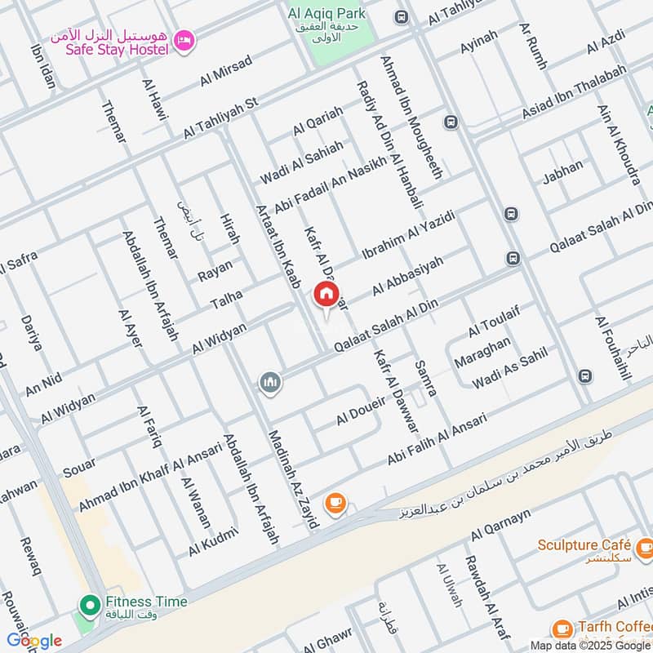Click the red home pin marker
pos(326,295)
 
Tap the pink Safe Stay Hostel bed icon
pos(185,38)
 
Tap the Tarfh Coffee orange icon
pos(562,628)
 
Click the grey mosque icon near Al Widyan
pos(270,381)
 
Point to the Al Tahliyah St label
pos(220,118)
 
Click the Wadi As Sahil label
pos(509,368)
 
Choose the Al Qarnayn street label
pos(501,523)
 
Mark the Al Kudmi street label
pos(212,542)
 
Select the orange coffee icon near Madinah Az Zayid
pos(334,504)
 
